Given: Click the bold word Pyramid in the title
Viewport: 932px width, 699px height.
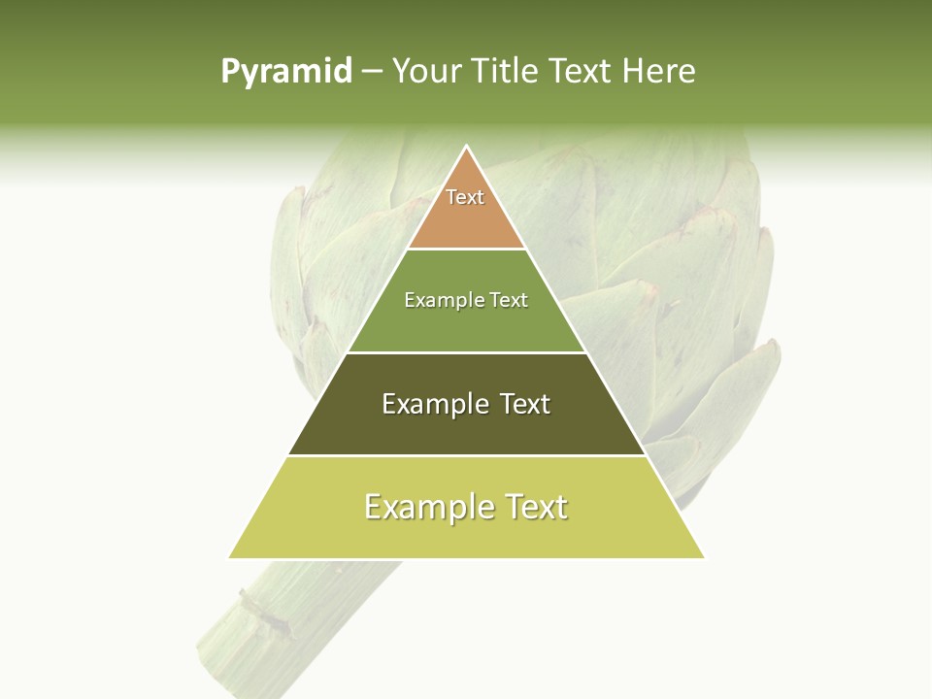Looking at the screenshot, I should click(286, 72).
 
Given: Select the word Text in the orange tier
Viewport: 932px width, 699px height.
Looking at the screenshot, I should click(465, 197).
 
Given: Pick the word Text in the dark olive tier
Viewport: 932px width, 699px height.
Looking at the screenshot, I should click(524, 404).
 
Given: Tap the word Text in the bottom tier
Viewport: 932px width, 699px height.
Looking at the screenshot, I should click(534, 507).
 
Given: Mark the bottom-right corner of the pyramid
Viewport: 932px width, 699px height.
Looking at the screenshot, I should click(703, 557).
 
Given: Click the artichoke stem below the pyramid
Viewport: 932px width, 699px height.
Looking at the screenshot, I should click(282, 621).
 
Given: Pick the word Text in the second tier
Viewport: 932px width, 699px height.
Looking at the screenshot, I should click(508, 301).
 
